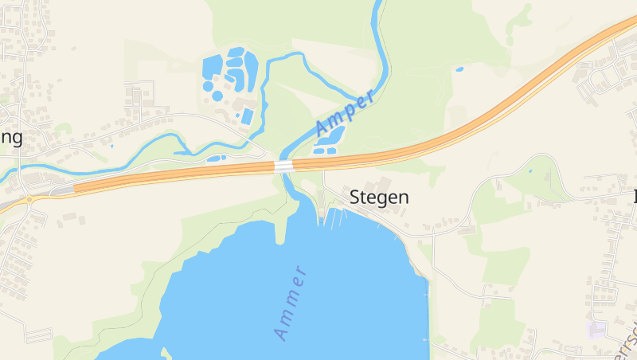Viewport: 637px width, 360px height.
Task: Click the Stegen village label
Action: coord(380,198)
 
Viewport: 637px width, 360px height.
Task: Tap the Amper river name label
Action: coord(345,115)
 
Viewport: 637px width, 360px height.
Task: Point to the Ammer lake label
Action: coord(291,303)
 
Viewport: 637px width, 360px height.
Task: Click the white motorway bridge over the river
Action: coord(284,166)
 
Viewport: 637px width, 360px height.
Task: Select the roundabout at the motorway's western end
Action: coord(29,198)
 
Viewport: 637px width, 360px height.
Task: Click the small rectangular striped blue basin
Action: coord(247,116)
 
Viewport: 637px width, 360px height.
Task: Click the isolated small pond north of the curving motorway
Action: coord(459,69)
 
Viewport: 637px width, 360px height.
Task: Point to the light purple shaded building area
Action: coord(595,329)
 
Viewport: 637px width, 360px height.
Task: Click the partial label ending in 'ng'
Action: coord(11,138)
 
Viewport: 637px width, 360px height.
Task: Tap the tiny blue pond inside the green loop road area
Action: coord(530,170)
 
